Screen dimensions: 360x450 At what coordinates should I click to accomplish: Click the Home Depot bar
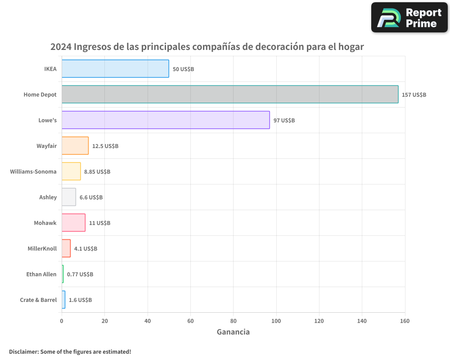(229, 94)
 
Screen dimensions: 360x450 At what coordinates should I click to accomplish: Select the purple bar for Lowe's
(166, 120)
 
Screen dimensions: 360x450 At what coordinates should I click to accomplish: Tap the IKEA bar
(115, 69)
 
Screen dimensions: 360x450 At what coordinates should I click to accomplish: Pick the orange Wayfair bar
(75, 146)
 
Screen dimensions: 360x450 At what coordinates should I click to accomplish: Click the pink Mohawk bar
(73, 223)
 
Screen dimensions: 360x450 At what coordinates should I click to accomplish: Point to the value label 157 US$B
(414, 95)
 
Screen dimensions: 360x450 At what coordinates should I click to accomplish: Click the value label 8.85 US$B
(97, 172)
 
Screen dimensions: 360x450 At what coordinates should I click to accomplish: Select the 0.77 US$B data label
(80, 274)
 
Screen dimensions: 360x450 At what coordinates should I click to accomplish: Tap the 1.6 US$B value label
(80, 300)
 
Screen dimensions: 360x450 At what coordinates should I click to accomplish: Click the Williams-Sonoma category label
(33, 171)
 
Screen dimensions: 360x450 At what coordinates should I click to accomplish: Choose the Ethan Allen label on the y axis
(41, 274)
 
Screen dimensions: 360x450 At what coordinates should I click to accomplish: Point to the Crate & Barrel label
(38, 300)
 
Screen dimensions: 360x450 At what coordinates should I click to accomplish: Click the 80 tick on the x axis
(233, 321)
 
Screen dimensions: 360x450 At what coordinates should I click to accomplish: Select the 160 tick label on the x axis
(405, 321)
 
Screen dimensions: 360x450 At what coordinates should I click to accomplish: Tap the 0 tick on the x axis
(62, 321)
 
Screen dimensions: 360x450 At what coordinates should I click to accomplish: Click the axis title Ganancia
(233, 332)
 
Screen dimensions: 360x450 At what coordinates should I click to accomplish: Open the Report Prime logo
(409, 18)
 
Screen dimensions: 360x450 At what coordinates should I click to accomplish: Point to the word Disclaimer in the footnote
(23, 351)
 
